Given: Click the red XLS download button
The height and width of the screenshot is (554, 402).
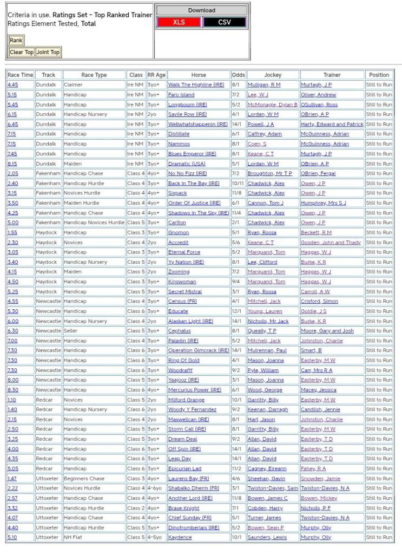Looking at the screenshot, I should coord(179,22).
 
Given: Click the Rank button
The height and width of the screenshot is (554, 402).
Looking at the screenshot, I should coord(16,40).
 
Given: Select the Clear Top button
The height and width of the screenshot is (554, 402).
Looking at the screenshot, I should coord(22,52).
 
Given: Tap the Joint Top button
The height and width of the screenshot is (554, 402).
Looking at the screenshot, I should coord(48,52).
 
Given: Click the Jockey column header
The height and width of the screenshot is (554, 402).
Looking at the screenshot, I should coord(272,75).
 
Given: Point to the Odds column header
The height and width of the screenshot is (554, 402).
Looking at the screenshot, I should coord(238,75).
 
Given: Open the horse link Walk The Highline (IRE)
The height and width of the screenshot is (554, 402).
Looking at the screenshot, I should coord(196,85).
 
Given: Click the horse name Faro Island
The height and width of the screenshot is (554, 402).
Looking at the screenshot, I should coord(181,95).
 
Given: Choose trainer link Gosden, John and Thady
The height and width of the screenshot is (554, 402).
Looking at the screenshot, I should coord(331,243).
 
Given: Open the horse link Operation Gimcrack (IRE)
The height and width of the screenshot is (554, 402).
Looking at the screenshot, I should coord(198,351).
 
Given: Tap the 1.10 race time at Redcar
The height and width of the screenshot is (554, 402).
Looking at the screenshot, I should coord(12,400).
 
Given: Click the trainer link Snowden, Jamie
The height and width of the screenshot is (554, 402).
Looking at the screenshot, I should coord(321,479).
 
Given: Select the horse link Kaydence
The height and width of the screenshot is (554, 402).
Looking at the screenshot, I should coord(180,538).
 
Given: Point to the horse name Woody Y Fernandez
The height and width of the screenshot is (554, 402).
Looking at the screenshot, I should coord(192,410).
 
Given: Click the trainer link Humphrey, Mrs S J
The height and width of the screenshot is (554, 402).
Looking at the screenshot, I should coord(324,203).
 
